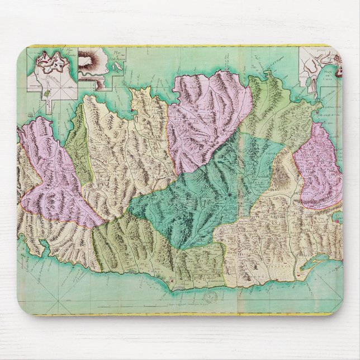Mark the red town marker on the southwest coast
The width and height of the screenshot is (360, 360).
(175, 276)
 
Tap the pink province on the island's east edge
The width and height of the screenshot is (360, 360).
(319, 168)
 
